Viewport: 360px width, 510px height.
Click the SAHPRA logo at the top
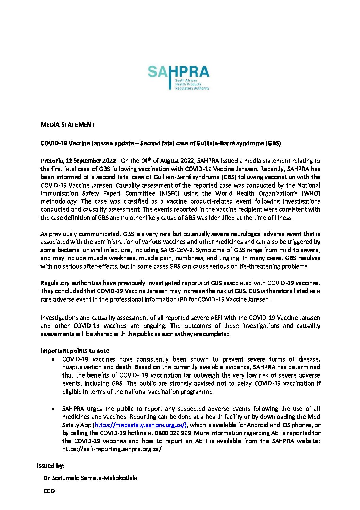(x=178, y=77)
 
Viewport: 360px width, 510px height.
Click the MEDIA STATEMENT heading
(x=67, y=125)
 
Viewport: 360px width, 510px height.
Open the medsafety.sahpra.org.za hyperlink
(x=141, y=425)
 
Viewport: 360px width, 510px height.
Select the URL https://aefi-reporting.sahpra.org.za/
(x=112, y=449)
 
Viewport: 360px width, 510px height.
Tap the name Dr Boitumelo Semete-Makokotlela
(x=90, y=478)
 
